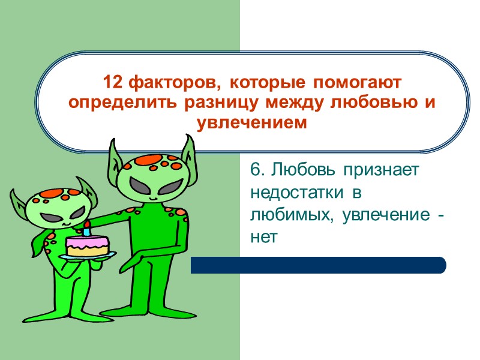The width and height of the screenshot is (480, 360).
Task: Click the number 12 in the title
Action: [x=111, y=81]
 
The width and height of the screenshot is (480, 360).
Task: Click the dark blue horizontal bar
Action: [x=318, y=265]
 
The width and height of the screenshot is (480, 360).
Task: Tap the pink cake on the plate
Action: [x=88, y=245]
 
